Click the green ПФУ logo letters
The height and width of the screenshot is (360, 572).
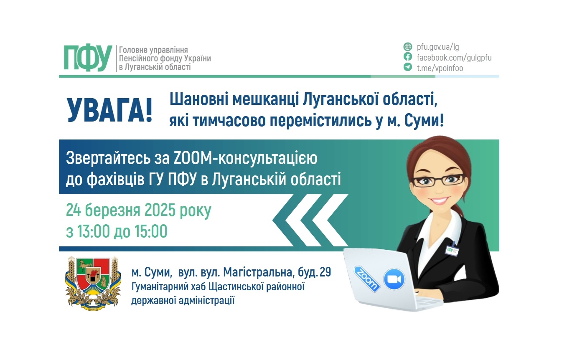(x=88, y=58)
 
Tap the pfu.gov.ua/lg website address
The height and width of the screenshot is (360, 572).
(x=438, y=47)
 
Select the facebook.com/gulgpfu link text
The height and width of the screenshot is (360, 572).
(x=454, y=57)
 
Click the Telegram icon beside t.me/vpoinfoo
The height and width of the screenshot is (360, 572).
(x=408, y=67)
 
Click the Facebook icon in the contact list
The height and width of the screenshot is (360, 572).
(x=408, y=57)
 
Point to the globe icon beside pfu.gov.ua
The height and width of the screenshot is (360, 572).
(x=408, y=47)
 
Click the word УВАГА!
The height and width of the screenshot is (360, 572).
(x=110, y=111)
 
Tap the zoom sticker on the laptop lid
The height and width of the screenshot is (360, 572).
(x=367, y=279)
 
